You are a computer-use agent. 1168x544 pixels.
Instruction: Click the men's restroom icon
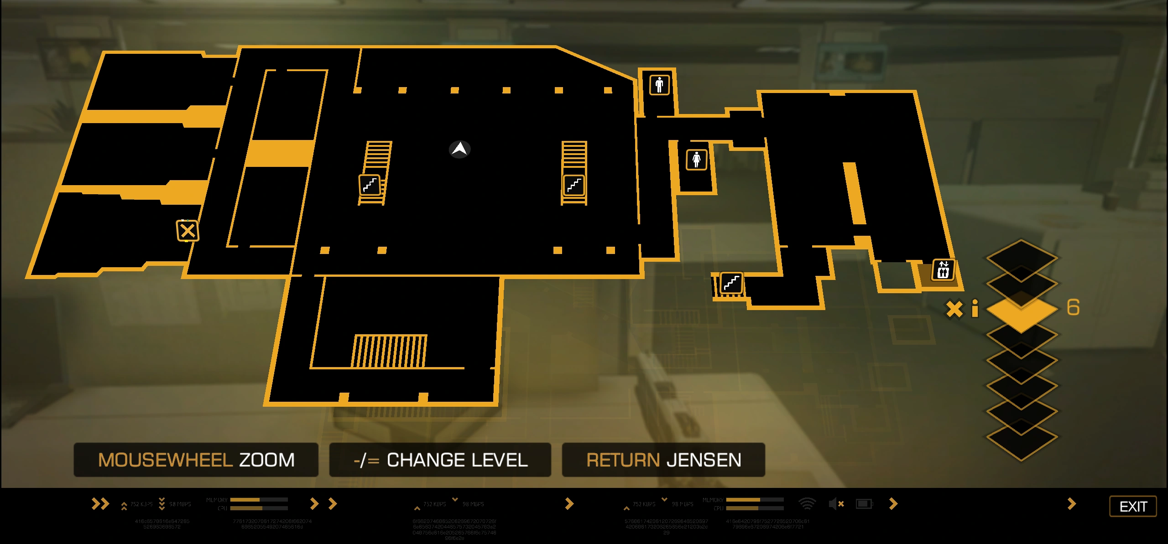[x=659, y=85]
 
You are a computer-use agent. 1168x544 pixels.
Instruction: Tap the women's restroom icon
[x=696, y=160]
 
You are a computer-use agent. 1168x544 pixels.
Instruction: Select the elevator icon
[x=943, y=269]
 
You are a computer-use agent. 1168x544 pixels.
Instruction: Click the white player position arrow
[x=459, y=149]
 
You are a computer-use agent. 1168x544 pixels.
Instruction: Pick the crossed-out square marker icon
[x=188, y=231]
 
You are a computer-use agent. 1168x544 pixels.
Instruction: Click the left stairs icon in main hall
[x=370, y=185]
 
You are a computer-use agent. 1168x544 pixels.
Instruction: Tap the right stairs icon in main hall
[x=574, y=185]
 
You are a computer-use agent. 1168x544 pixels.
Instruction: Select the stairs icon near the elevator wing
[x=731, y=283]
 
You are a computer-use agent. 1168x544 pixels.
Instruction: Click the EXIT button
[x=1133, y=506]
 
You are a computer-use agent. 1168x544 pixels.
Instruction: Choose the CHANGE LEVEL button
[x=440, y=460]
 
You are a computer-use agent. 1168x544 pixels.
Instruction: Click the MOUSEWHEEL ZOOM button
[x=196, y=460]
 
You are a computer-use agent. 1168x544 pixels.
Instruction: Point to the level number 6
[x=1073, y=307]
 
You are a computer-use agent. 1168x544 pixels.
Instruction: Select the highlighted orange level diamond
[x=1022, y=310]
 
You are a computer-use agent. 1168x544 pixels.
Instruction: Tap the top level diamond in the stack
[x=1022, y=258]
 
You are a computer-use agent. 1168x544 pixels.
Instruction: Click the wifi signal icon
[x=807, y=503]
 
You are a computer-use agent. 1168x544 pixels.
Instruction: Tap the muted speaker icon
[x=836, y=504]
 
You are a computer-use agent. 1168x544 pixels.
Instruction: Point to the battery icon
[x=864, y=503]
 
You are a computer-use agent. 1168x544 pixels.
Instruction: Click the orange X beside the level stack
[x=954, y=309]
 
